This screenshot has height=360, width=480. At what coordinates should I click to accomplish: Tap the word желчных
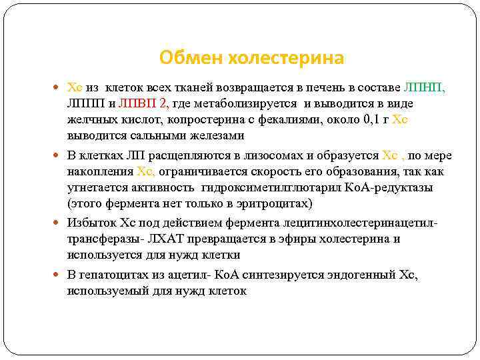click(x=89, y=120)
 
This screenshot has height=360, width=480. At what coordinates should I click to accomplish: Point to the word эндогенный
click(x=363, y=275)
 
